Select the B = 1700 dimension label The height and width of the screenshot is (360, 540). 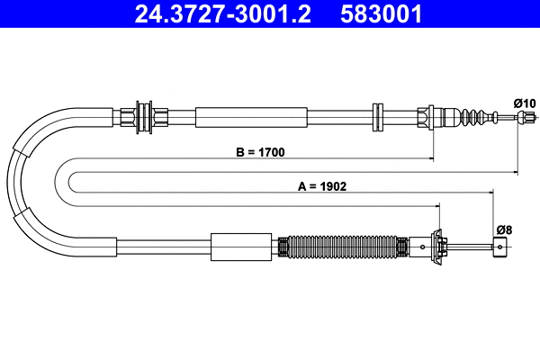[x=260, y=152]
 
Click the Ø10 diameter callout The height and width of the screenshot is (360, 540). [x=525, y=103]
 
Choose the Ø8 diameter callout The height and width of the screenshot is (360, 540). [x=503, y=229]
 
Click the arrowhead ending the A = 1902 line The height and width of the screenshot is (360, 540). [x=490, y=191]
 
